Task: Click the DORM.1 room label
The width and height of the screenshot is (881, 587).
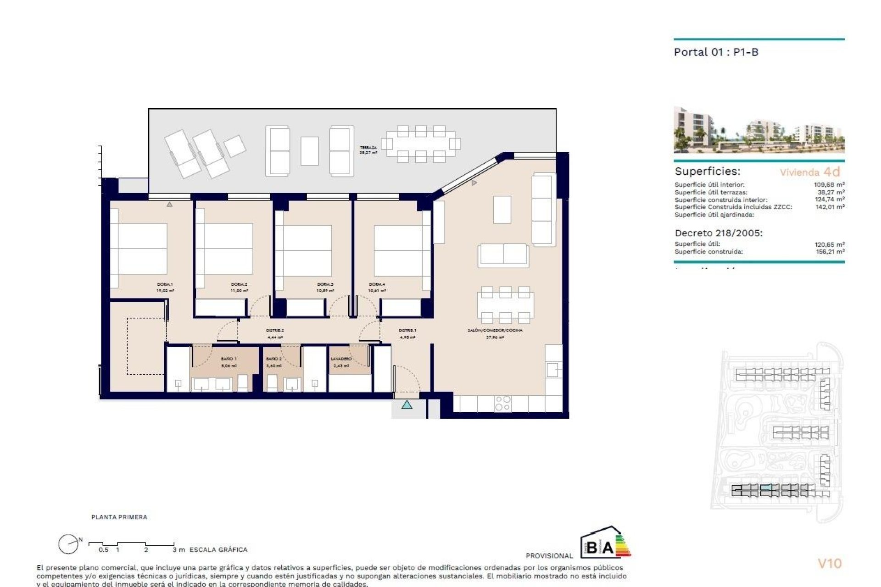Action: tap(165, 284)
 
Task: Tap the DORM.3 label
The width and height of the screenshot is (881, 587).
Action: tap(325, 284)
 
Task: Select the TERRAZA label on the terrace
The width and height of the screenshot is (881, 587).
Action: tap(368, 148)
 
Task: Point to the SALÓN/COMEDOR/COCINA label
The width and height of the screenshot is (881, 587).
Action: tap(495, 330)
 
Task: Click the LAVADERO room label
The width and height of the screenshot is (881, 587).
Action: tap(341, 359)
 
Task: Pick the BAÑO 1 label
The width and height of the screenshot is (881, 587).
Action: tap(229, 359)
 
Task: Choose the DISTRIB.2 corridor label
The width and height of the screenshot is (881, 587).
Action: tap(275, 330)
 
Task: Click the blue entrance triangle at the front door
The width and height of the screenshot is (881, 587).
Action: tap(407, 405)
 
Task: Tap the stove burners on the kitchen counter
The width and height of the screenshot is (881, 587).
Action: tap(502, 403)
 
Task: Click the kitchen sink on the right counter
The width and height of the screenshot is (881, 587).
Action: tap(553, 369)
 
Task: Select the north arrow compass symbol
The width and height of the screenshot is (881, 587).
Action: tap(69, 544)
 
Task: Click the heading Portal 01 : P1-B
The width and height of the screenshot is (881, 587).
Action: tap(716, 52)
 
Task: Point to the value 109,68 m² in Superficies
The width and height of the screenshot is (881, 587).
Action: tap(829, 185)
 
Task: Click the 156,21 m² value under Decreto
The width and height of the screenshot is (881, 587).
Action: tap(829, 252)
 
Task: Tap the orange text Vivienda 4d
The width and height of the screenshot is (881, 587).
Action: tap(809, 172)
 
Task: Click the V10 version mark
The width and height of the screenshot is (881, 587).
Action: tap(830, 564)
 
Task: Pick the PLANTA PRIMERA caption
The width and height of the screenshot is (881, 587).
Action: tap(119, 517)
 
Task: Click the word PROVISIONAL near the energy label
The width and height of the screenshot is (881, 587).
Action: tap(549, 556)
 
